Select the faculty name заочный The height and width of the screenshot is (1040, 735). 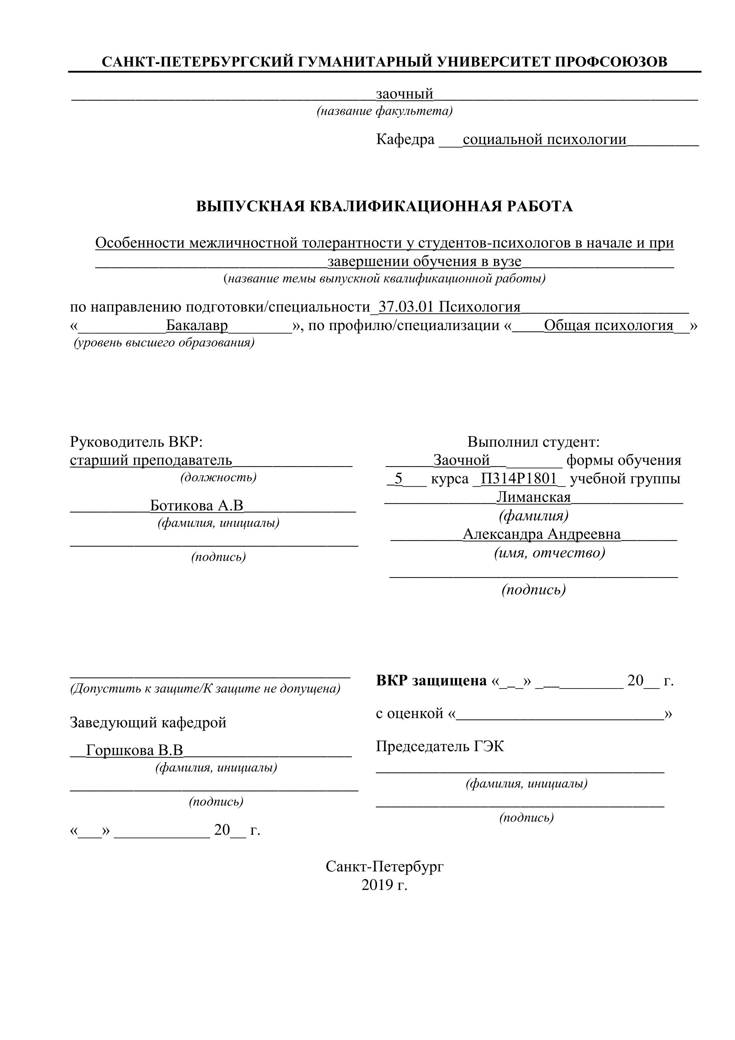pyautogui.click(x=404, y=94)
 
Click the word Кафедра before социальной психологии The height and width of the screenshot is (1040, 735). pyautogui.click(x=405, y=139)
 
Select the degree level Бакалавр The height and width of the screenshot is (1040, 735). pyautogui.click(x=197, y=326)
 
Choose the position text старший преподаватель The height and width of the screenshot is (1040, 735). pyautogui.click(x=151, y=460)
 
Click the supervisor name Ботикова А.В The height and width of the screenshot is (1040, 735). pyautogui.click(x=197, y=505)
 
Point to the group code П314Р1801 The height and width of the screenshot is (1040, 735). pyautogui.click(x=519, y=479)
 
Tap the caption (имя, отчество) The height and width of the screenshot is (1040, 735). pyautogui.click(x=549, y=553)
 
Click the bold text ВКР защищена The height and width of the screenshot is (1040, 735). pyautogui.click(x=431, y=680)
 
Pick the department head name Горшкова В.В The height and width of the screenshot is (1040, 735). pyautogui.click(x=134, y=750)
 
